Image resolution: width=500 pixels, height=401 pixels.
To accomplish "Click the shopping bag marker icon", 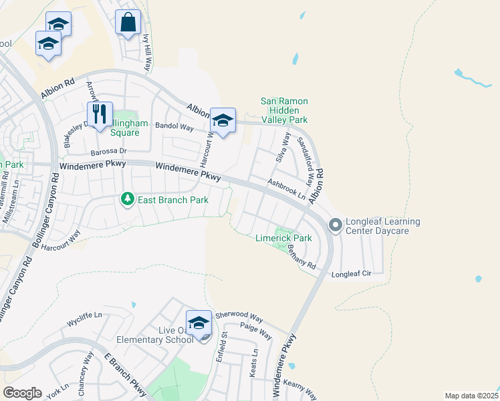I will click(128, 22).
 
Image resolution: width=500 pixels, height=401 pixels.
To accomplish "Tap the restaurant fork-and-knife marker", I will click(100, 114).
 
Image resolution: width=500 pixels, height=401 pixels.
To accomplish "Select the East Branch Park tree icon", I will click(126, 199).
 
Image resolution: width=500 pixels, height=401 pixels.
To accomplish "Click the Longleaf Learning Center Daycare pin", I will click(335, 227).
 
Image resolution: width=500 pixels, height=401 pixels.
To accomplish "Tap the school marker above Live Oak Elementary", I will click(199, 322).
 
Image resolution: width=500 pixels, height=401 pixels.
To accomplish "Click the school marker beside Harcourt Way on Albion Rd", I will click(223, 120).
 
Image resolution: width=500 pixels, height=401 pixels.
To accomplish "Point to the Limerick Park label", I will click(283, 238).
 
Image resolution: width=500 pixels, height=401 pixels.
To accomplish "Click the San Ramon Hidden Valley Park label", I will click(284, 110).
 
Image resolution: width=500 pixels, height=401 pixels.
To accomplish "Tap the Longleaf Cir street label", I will click(351, 274).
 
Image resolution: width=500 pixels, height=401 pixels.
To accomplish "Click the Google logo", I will click(22, 393).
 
